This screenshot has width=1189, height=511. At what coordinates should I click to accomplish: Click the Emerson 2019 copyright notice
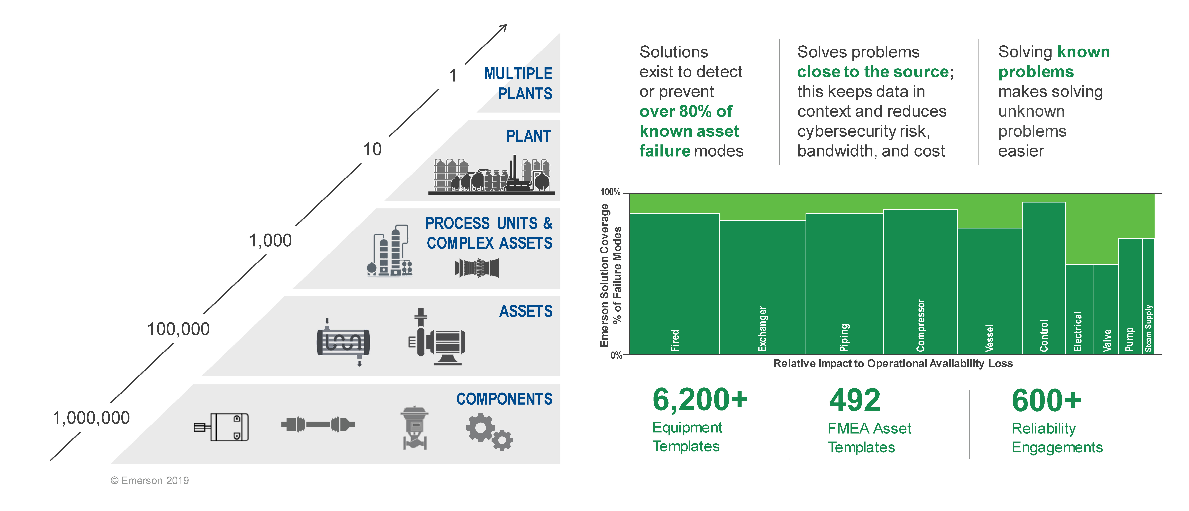coord(149,481)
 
